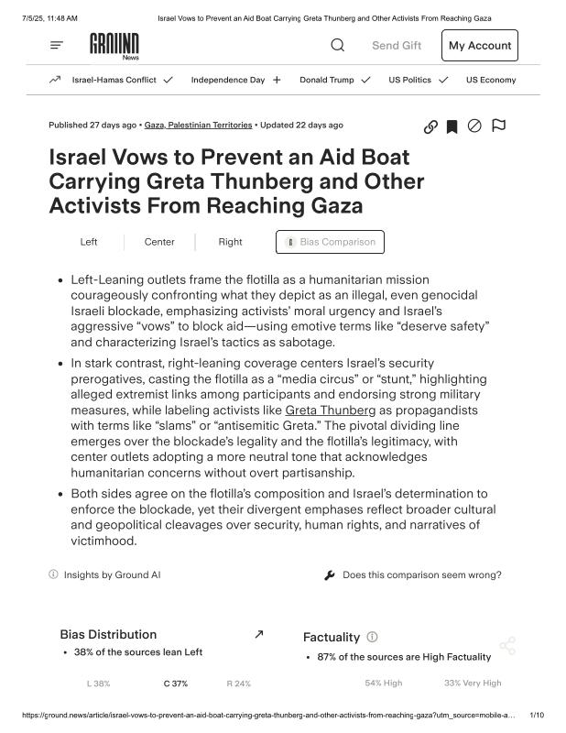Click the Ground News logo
(x=114, y=45)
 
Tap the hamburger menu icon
(x=57, y=45)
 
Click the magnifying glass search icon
(x=338, y=45)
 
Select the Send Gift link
(x=397, y=45)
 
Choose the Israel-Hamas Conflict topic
(x=114, y=80)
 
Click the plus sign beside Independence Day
(x=277, y=80)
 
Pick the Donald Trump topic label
(x=326, y=80)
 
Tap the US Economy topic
(x=491, y=80)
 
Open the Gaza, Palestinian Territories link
(x=198, y=125)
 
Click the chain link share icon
(x=430, y=126)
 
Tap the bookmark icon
(x=452, y=126)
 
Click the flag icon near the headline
(x=498, y=126)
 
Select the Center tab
(x=159, y=242)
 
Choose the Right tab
(x=231, y=242)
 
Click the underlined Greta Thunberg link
(x=330, y=410)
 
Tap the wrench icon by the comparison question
(x=330, y=575)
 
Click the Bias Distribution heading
(x=108, y=634)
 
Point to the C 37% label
(x=176, y=684)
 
